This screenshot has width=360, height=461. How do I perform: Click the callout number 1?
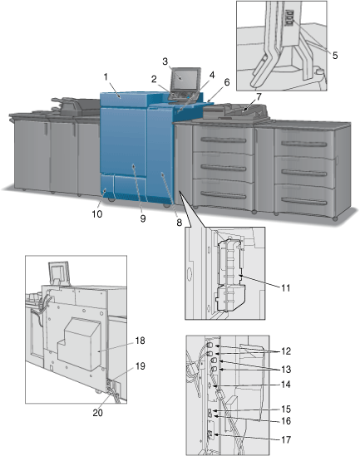coord(106,77)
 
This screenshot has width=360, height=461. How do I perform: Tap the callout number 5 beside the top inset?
coord(335,56)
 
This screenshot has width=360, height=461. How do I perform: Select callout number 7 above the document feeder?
coord(259,96)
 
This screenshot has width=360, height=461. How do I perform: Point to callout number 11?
coord(285,288)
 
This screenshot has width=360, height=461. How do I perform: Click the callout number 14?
coord(286,385)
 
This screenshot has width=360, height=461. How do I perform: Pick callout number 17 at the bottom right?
coord(286,440)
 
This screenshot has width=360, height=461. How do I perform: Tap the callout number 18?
coord(141,341)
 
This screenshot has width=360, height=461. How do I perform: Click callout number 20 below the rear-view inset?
coord(98,413)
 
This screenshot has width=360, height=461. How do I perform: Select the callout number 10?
coord(97,214)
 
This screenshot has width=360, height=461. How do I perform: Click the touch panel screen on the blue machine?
coord(185,78)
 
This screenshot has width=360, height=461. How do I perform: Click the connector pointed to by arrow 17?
coord(210,434)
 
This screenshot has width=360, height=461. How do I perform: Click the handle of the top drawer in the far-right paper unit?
coord(303,144)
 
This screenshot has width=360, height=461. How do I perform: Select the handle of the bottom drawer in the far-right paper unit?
coord(303,201)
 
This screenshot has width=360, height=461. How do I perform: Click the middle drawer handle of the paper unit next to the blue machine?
coord(224,168)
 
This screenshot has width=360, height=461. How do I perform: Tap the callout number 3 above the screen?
coord(165,61)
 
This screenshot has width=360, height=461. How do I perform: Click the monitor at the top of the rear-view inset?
coord(60,272)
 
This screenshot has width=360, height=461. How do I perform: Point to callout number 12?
coord(286,351)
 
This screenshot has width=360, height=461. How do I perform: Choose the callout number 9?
coord(143,218)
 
